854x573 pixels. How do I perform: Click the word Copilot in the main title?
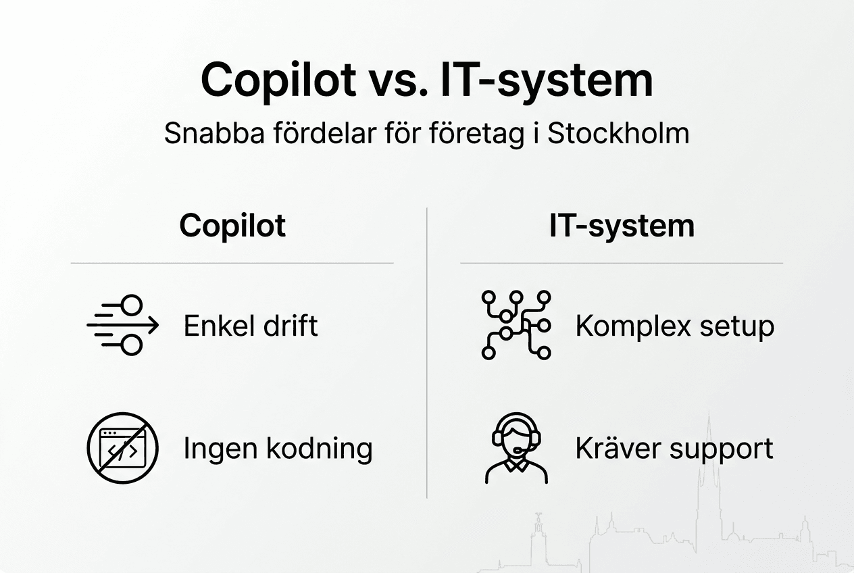278,80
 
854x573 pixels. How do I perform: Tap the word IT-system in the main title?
547,80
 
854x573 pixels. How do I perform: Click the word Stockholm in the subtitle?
618,134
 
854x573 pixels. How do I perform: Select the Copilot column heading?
232,226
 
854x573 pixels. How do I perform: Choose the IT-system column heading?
622,226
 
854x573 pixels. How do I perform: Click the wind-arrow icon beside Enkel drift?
122,326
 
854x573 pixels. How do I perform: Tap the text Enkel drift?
251,326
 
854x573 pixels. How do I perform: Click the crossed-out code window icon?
122,447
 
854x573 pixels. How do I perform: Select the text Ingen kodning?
278,449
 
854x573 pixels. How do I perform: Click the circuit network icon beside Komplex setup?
516,325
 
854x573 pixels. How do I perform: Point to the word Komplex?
624,327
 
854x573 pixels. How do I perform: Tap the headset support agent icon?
517,448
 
